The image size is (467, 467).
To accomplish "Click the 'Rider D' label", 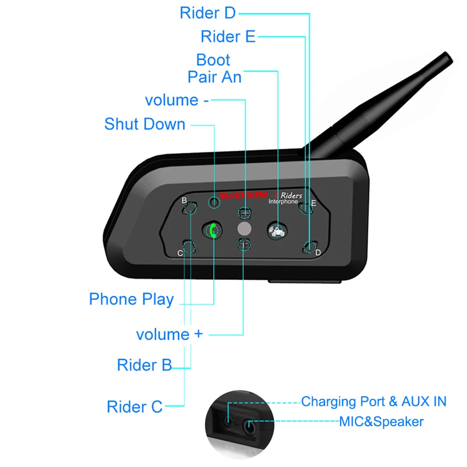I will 208,13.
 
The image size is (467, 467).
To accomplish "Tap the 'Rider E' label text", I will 228,36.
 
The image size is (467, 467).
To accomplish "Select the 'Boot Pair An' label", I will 214,68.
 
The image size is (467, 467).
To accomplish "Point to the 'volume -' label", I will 177,100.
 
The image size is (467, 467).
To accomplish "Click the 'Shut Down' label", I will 145,124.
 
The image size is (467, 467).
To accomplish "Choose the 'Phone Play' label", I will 131,299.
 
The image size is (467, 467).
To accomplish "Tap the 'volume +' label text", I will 170,334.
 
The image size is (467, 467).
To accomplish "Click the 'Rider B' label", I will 144,365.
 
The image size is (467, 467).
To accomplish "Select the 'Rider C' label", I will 134,407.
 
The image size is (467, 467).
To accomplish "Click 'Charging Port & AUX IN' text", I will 374,402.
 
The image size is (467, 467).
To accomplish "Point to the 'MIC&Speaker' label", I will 381,422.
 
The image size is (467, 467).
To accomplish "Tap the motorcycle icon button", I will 277,229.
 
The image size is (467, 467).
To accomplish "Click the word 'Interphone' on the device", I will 283,202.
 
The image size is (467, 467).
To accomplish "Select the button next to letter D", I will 309,247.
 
